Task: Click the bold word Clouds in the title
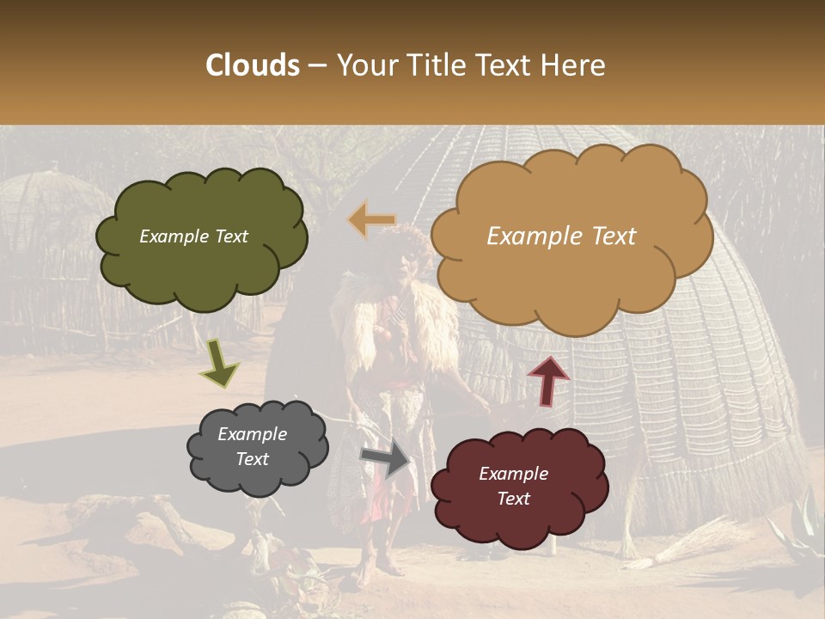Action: click(253, 65)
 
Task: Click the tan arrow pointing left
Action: click(371, 219)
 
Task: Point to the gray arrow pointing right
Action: click(386, 458)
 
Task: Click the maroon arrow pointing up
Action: click(547, 381)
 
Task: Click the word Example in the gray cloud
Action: click(252, 434)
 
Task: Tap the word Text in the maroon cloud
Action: click(513, 499)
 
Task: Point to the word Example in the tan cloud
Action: click(530, 236)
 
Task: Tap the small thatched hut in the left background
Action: click(47, 215)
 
